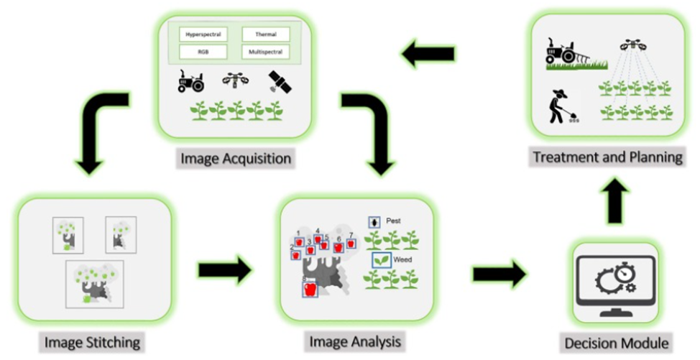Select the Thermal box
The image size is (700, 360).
coord(266,34)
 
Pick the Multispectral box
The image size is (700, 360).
coord(266,52)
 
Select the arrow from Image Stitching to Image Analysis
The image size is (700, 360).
coord(224,270)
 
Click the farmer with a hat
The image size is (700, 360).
coord(558,106)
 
